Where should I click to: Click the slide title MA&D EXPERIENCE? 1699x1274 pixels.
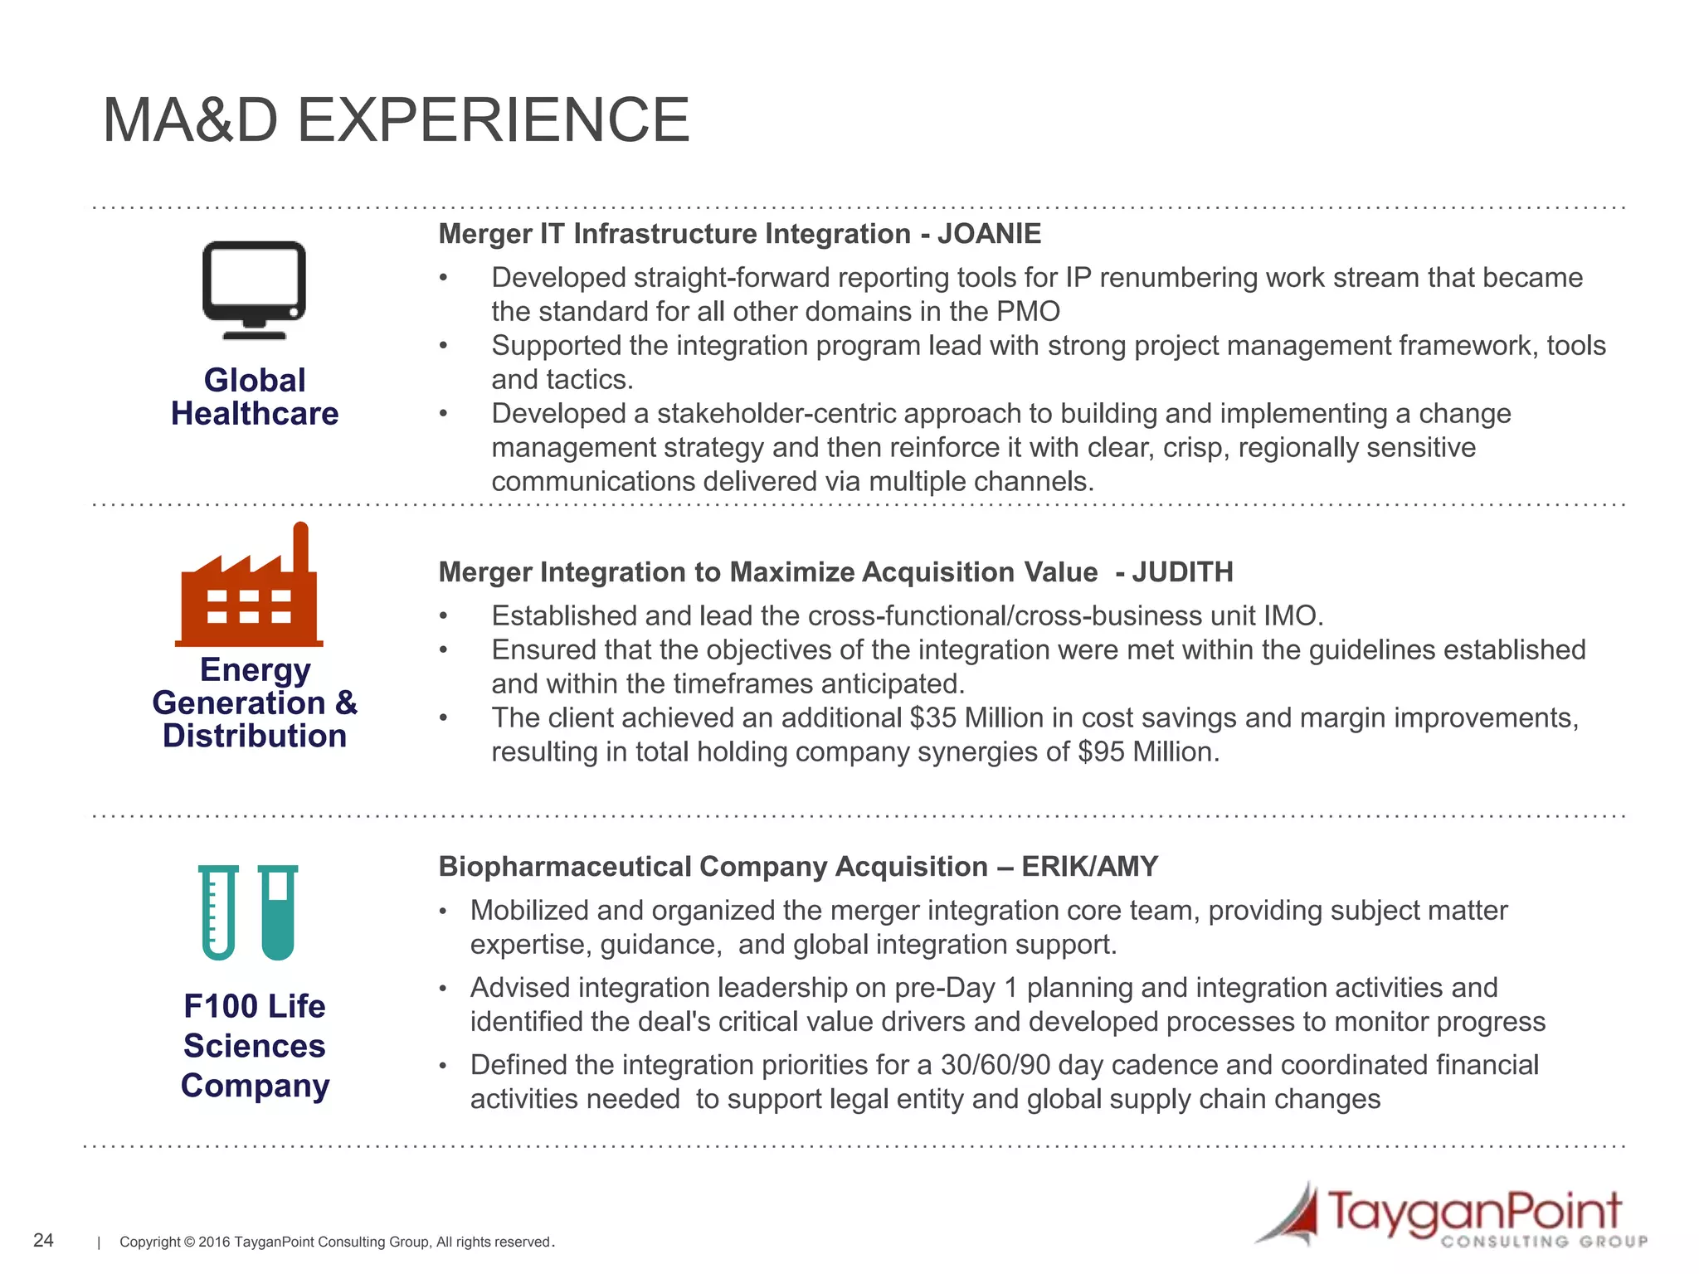pos(396,120)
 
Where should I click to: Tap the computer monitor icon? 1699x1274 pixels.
pos(254,286)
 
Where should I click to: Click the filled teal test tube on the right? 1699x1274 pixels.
pos(278,912)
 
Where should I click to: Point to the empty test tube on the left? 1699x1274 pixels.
pos(218,912)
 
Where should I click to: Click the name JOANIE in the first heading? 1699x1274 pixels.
pos(989,234)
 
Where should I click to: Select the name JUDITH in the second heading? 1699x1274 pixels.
pos(1182,572)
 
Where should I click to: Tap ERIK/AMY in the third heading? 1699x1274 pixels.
pos(1089,867)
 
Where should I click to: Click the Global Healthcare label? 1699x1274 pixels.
pos(255,396)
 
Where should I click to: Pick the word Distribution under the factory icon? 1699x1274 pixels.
pos(255,736)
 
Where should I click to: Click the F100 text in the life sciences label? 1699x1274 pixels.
pos(221,1006)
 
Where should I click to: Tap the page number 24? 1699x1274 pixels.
pos(43,1240)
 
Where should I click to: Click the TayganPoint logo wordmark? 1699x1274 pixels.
pos(1475,1213)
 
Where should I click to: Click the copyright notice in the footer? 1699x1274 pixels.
pos(337,1242)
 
